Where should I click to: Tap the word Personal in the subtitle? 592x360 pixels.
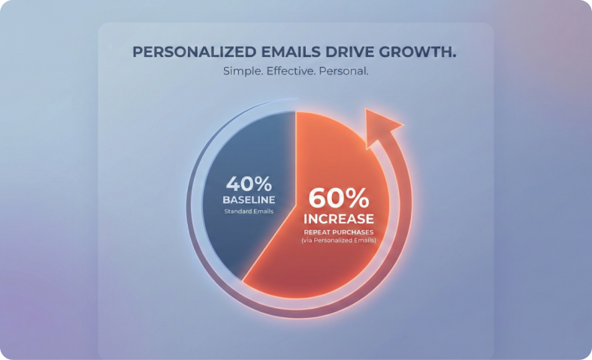tap(347, 72)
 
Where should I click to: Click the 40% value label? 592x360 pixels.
tap(248, 184)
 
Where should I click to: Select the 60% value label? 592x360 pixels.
tap(339, 198)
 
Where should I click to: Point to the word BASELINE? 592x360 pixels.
tap(248, 200)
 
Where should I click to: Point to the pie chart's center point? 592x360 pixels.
tap(295, 204)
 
